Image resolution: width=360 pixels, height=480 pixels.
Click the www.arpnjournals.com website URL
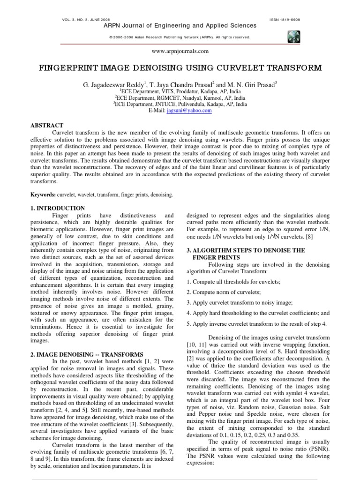click(180, 51)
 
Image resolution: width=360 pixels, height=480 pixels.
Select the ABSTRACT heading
click(46, 126)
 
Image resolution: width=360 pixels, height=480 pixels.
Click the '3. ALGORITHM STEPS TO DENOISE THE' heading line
click(246, 250)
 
